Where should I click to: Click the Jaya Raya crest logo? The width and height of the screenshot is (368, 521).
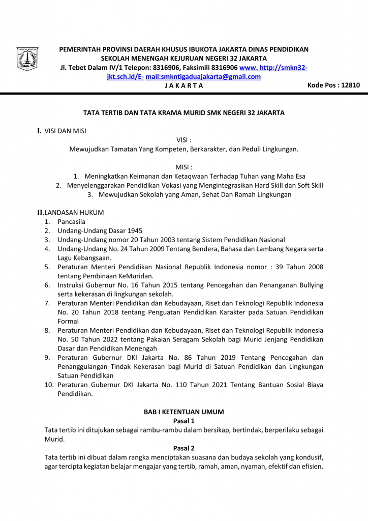click(28, 60)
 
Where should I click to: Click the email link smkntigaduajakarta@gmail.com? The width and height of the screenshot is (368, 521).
click(203, 77)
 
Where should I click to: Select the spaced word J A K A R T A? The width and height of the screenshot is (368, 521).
click(184, 85)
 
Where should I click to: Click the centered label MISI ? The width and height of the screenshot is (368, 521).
click(184, 167)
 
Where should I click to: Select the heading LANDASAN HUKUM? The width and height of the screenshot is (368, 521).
click(74, 212)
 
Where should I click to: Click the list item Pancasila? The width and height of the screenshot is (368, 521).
click(72, 221)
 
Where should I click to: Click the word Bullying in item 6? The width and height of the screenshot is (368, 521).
click(310, 285)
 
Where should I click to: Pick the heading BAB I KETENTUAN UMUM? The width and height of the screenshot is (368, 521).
click(184, 412)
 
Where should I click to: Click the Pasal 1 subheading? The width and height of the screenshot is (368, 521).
click(184, 421)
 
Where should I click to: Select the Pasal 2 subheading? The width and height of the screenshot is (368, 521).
click(184, 448)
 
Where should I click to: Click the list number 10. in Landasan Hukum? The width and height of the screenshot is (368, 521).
click(49, 385)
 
